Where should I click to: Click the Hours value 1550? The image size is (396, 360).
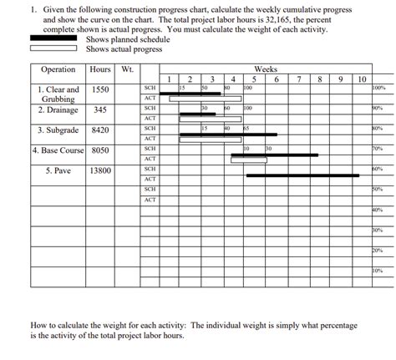(100, 89)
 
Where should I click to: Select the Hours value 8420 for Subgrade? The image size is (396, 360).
(100, 130)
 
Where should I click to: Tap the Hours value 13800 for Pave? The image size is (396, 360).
(100, 170)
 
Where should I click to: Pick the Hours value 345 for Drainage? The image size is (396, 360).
(100, 109)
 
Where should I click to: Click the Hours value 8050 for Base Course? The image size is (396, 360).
(100, 150)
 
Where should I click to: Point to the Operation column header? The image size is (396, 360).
(58, 69)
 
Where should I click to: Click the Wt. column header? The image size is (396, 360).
(126, 69)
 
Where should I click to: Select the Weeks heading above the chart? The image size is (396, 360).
(266, 68)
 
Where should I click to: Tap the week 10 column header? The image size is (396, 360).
(360, 79)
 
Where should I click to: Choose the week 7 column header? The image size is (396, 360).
(298, 79)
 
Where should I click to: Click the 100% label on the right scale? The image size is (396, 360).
(378, 88)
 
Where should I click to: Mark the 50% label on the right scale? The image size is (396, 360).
(378, 190)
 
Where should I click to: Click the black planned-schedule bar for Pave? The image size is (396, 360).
(302, 175)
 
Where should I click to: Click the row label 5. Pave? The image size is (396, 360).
(58, 170)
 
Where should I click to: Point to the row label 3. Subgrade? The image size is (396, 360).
(58, 130)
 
